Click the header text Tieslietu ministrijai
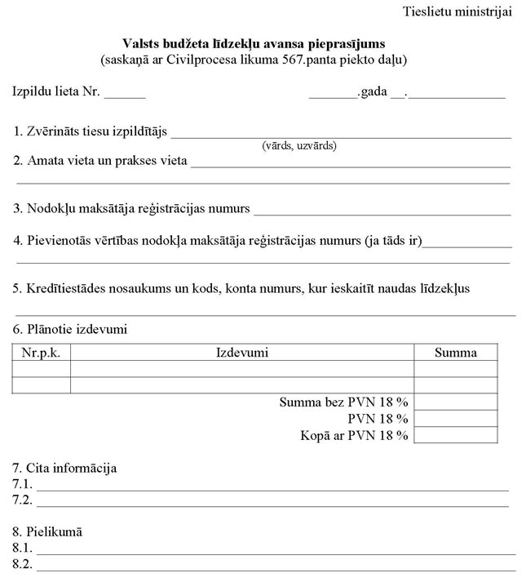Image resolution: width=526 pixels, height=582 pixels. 457,11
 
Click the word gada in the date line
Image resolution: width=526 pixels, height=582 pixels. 374,91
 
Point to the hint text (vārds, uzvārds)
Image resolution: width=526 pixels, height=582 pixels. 299,146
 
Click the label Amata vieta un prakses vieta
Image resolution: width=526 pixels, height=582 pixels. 107,161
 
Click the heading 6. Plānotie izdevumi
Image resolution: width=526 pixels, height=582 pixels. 70,330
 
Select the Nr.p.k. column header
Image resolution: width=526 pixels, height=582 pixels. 42,353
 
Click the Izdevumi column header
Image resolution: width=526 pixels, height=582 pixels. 242,353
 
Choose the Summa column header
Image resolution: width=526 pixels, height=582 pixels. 456,353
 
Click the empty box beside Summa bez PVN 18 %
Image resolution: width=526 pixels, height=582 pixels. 456,402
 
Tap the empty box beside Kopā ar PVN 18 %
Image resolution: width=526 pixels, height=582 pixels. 456,435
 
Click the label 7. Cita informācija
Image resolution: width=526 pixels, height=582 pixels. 64,469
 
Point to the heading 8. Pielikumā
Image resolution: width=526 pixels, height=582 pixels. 48,532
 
